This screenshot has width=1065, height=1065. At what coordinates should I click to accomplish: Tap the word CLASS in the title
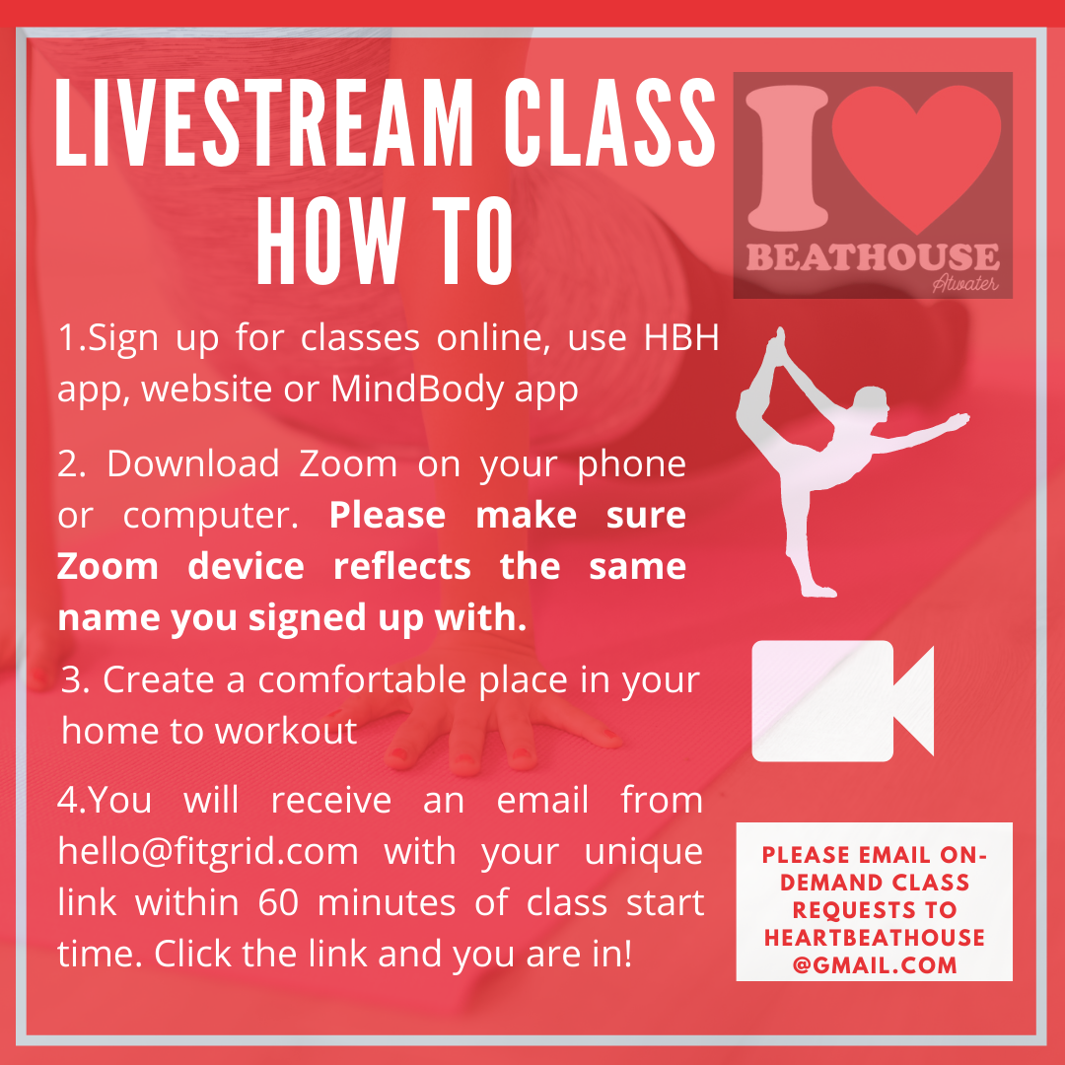point(610,123)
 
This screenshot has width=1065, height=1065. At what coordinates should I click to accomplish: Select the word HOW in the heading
point(330,242)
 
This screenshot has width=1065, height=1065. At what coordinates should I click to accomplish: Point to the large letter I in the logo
point(787,158)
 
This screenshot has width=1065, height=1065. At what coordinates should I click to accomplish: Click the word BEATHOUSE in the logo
point(873,257)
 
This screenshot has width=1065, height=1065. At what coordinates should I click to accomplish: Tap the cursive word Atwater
point(965,282)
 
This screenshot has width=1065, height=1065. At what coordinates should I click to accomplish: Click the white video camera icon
point(842,700)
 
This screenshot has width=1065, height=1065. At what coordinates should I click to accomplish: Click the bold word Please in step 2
point(388,515)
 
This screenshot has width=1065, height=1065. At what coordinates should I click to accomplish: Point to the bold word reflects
point(402,566)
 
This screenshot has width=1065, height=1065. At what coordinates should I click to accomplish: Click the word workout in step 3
point(286,731)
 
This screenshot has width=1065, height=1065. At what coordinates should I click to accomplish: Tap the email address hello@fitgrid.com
point(208,851)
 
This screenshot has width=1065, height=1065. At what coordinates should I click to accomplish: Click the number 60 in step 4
point(278,902)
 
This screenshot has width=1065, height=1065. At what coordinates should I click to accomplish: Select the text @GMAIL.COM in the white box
point(874,964)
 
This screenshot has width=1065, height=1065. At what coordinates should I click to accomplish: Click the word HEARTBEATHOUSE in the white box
point(874,938)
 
